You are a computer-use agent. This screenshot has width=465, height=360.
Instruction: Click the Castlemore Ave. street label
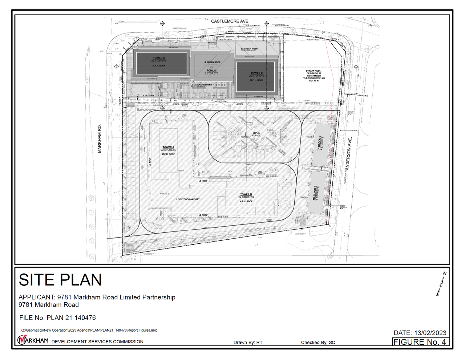pos(230,21)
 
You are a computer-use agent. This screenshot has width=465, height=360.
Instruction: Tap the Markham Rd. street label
pos(100,139)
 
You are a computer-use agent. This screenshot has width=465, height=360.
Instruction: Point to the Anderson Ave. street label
pos(348,154)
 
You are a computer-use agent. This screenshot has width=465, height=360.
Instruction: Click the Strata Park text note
pos(314,76)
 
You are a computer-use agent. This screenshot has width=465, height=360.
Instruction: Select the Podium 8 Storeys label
pos(211,72)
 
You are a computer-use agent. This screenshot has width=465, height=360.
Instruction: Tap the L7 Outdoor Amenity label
pos(188,199)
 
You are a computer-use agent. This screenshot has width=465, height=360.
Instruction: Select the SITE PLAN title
pos(60,280)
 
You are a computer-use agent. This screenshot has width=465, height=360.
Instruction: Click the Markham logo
pos(33,340)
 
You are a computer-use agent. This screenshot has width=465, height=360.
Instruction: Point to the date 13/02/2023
pos(420,333)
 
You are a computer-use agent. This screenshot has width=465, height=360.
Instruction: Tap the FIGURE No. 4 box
pos(420,342)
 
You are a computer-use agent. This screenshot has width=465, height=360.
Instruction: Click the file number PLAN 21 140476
pos(58,318)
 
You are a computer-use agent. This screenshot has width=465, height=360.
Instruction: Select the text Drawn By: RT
pos(248,343)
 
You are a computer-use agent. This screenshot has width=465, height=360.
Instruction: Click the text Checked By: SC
pos(318,343)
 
